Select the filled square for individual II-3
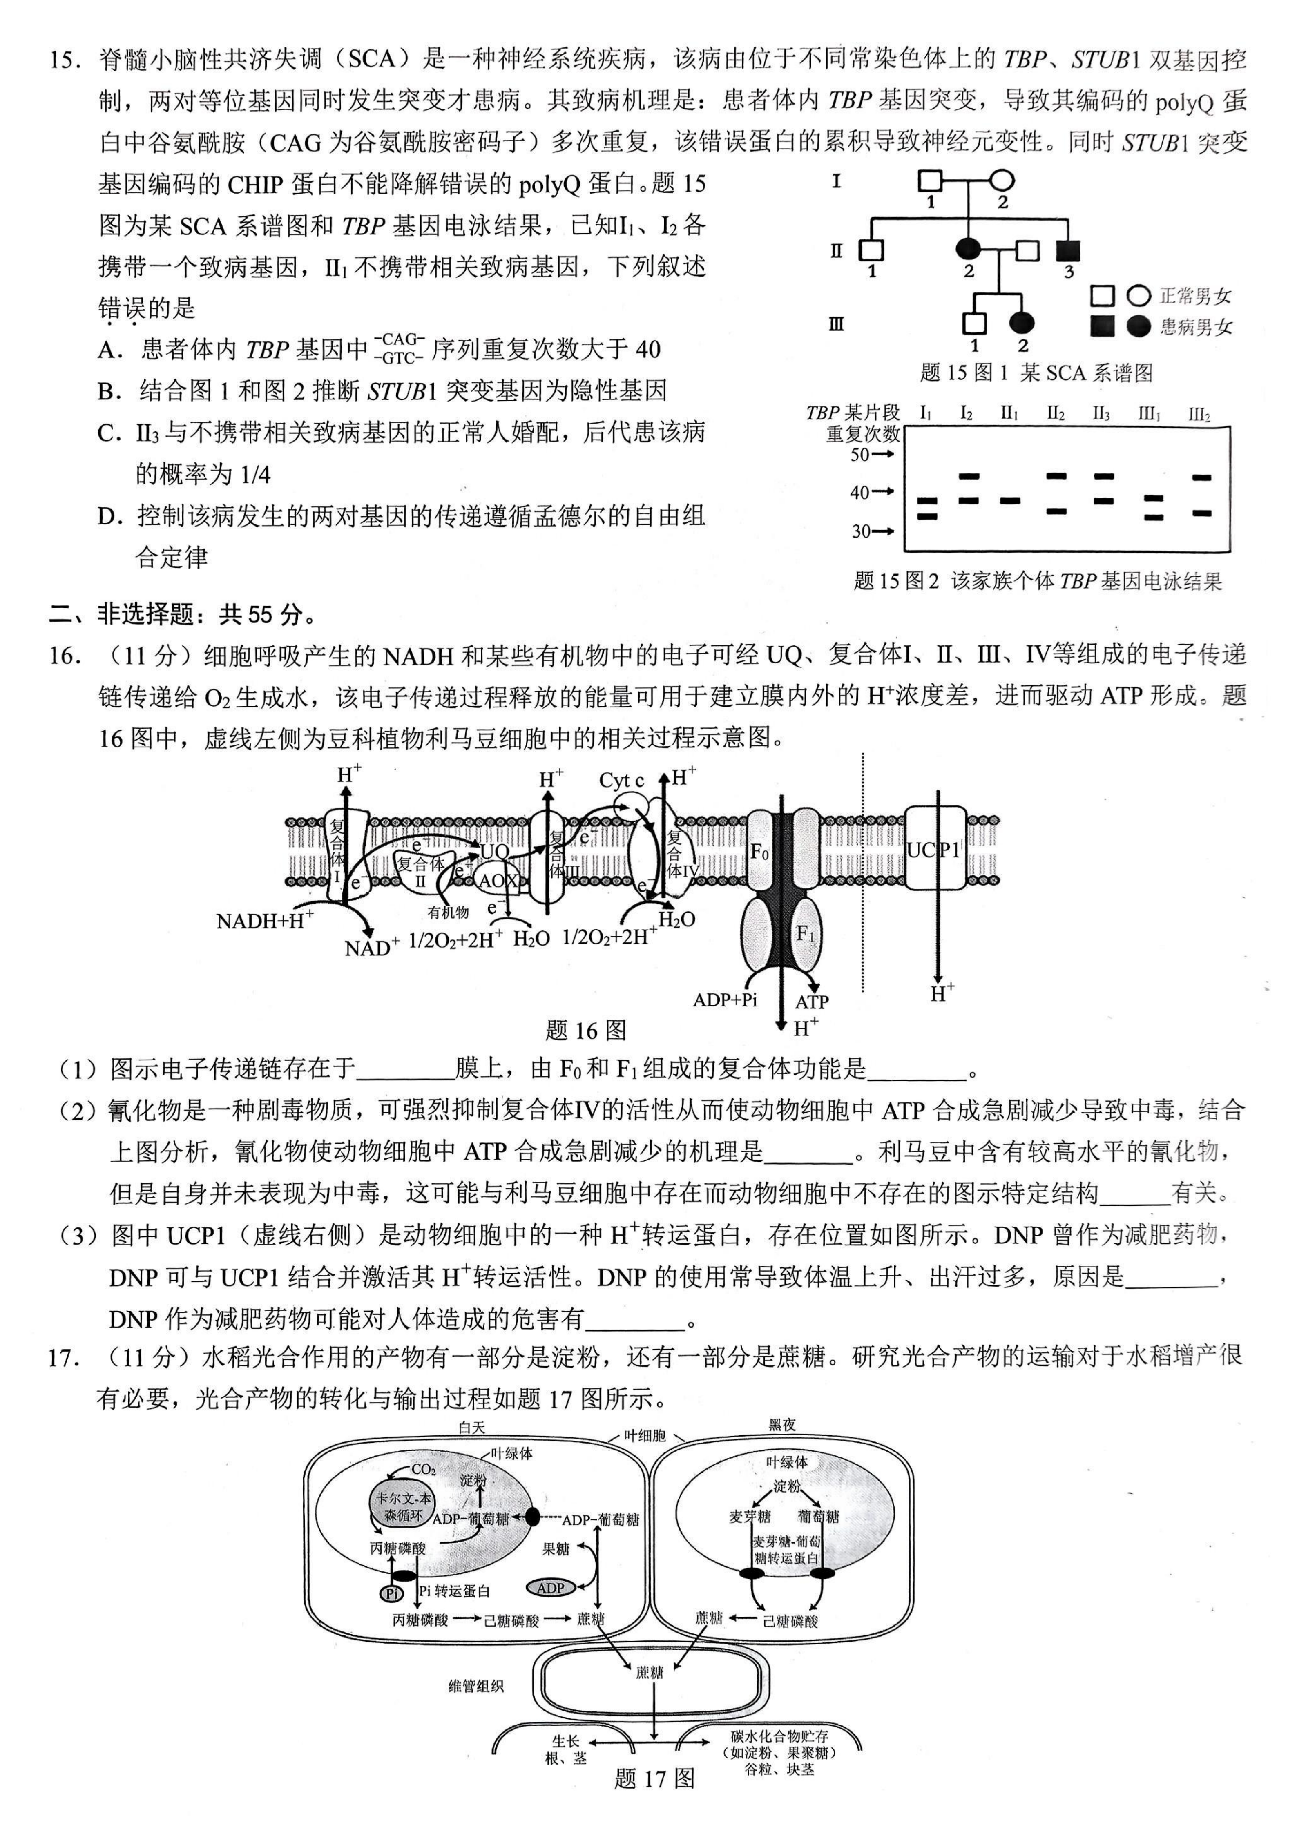pos(1068,250)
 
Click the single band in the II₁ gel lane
pos(1010,501)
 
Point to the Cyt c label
pos(621,781)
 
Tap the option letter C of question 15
pos(109,433)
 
